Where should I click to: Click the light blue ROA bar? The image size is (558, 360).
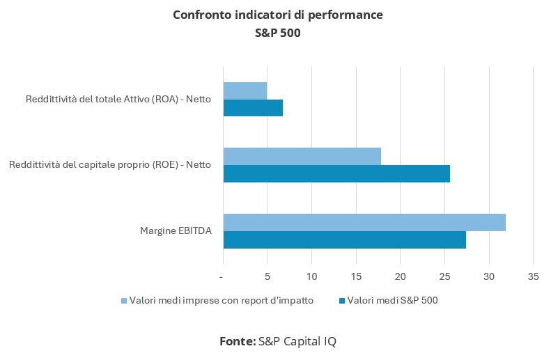point(245,91)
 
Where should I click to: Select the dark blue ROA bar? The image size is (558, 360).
point(253,108)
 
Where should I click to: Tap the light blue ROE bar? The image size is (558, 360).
point(302,157)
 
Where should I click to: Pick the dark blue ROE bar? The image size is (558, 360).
point(336,173)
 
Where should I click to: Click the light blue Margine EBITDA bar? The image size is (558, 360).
point(364,222)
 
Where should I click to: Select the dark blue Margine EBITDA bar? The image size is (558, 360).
point(345,240)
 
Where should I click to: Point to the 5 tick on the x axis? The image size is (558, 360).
point(267,277)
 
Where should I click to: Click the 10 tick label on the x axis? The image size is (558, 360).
point(311,277)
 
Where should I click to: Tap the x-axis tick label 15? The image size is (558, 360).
point(356,277)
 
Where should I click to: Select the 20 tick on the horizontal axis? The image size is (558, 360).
point(400,277)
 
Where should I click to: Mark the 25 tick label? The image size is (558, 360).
point(444,277)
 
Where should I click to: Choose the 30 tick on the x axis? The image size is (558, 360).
point(489,277)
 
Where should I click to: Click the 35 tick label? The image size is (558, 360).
point(533,277)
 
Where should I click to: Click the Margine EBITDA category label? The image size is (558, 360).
point(176,231)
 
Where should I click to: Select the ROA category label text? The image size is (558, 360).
point(118,100)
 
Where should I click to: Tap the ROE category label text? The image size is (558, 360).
point(110,165)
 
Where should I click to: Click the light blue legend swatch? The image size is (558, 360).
point(125,301)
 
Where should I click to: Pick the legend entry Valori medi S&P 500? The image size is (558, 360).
point(392,301)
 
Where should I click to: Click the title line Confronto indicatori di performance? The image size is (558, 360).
point(278,15)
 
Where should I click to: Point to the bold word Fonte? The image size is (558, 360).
point(238,341)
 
